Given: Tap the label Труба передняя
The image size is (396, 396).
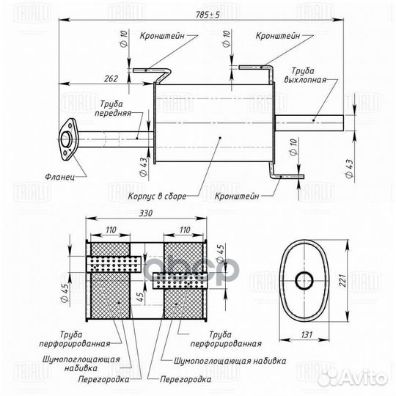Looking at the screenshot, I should pos(114,109).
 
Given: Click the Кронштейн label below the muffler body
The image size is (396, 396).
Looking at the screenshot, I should pos(237,196).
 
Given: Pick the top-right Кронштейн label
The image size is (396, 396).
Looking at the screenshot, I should pos(278,35).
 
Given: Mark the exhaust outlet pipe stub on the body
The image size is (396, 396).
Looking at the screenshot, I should pos(311,120).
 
